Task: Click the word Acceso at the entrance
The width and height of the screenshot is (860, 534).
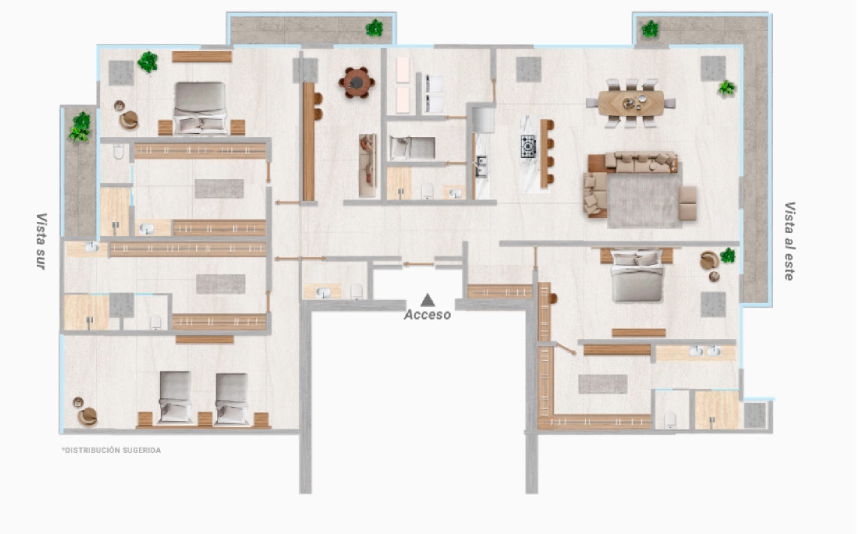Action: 427,314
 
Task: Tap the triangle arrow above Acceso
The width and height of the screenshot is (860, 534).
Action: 428,300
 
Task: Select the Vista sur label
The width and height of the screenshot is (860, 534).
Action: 41,241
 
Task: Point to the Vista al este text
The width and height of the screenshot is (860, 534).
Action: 789,241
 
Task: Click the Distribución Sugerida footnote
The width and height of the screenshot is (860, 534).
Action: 111,450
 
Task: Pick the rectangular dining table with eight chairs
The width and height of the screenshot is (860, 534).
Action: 631,103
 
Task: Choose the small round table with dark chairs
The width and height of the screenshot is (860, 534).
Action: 357,83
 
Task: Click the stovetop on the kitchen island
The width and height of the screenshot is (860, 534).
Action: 528,146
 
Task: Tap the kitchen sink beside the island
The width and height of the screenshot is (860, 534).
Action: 481,166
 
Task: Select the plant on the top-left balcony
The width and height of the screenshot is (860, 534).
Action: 375,28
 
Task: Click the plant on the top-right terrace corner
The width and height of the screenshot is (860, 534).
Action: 650,29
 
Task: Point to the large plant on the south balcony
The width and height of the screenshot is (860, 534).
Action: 80,127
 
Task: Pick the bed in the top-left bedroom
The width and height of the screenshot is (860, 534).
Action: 201,108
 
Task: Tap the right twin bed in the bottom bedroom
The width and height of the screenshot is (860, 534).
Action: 231,399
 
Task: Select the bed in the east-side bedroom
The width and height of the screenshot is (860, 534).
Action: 637,276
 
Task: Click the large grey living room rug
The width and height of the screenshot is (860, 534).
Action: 644,200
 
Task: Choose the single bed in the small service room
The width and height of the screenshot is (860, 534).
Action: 412,148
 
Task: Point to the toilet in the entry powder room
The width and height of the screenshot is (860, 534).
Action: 357,290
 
